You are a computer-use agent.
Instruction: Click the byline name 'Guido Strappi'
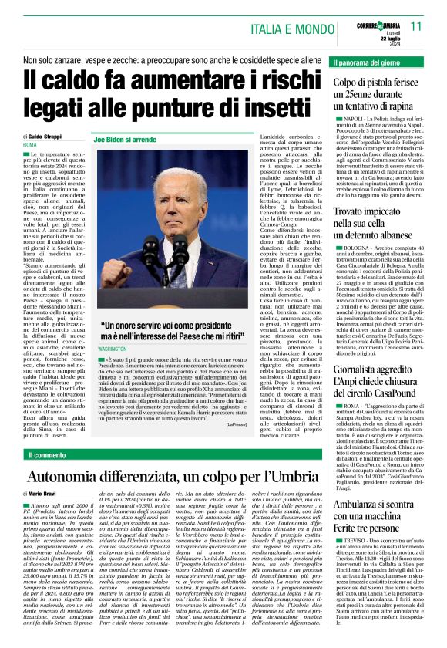click(47, 136)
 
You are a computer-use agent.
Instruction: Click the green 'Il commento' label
click(49, 455)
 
